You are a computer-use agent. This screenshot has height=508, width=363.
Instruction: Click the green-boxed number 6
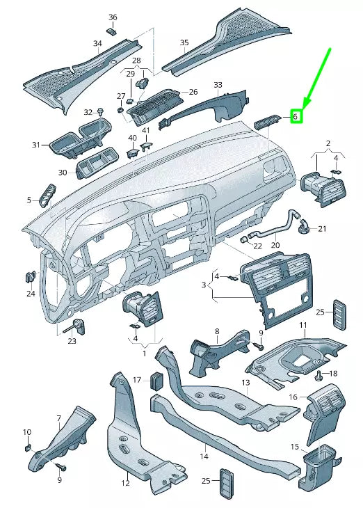296,117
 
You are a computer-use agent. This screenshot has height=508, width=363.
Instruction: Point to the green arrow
317,77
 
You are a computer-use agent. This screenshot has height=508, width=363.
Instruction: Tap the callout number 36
113,17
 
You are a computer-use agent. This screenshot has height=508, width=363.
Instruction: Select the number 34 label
97,43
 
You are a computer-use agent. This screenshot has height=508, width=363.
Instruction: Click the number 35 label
184,43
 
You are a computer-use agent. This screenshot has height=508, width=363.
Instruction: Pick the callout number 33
218,85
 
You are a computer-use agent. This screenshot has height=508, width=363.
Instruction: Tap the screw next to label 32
102,111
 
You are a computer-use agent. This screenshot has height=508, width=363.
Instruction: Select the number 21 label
322,228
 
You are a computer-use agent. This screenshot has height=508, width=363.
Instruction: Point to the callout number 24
31,294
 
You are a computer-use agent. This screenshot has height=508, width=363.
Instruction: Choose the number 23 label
72,341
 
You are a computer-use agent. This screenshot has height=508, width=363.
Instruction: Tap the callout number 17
137,380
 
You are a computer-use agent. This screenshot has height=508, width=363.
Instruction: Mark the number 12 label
126,483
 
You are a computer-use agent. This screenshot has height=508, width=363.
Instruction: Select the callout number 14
204,457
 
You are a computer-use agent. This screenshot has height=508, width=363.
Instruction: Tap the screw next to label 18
319,376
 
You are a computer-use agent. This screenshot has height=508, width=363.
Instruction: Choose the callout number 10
27,432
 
